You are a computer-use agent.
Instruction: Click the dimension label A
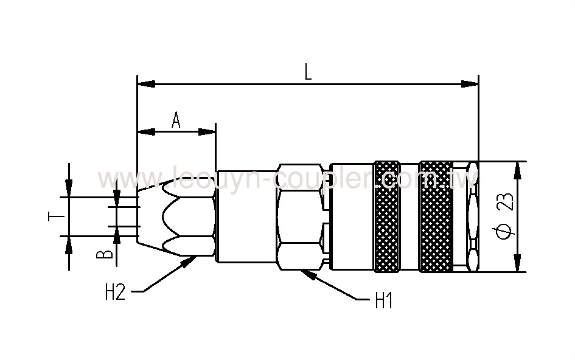pyautogui.click(x=176, y=120)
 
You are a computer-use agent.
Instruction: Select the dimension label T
pyautogui.click(x=53, y=217)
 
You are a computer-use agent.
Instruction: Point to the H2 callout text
pyautogui.click(x=115, y=293)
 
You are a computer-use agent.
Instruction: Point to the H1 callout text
pyautogui.click(x=383, y=301)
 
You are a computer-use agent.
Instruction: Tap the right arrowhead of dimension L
pyautogui.click(x=471, y=83)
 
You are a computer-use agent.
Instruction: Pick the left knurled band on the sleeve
pyautogui.click(x=386, y=216)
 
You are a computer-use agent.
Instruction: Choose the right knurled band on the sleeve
pyautogui.click(x=436, y=216)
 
